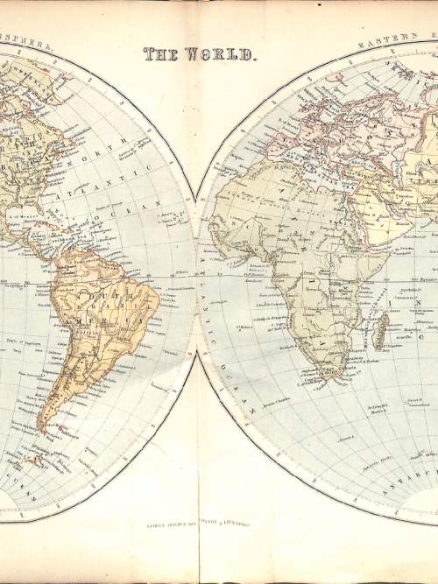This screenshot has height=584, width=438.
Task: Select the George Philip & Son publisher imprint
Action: [x=198, y=525]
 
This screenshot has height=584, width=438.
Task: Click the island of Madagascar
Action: [x=381, y=328]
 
